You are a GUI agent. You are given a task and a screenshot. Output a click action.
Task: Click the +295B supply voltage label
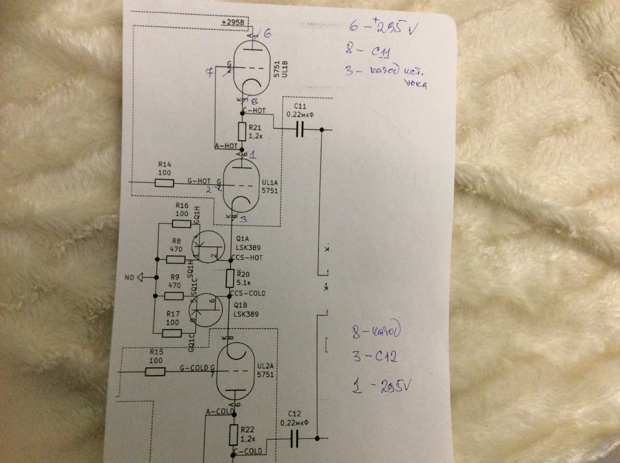(x=233, y=22)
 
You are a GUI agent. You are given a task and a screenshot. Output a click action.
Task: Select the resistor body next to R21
(x=242, y=132)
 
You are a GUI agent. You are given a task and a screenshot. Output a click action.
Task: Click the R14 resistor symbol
(x=164, y=183)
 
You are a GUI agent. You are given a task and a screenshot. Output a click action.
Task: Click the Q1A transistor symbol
(x=208, y=247)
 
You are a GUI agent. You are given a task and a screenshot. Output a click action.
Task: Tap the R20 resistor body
(x=230, y=278)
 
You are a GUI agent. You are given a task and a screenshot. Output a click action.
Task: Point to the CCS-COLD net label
(x=248, y=293)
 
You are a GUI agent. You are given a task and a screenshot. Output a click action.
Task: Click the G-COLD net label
(x=194, y=368)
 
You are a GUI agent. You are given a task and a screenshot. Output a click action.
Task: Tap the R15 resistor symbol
(x=155, y=372)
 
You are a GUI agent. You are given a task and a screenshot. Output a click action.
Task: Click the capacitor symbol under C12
(x=294, y=438)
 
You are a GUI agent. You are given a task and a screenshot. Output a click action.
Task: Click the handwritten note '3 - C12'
(x=375, y=357)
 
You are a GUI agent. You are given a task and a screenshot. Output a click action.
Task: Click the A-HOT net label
(x=226, y=146)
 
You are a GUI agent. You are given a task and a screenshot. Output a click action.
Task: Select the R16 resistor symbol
(x=181, y=224)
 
